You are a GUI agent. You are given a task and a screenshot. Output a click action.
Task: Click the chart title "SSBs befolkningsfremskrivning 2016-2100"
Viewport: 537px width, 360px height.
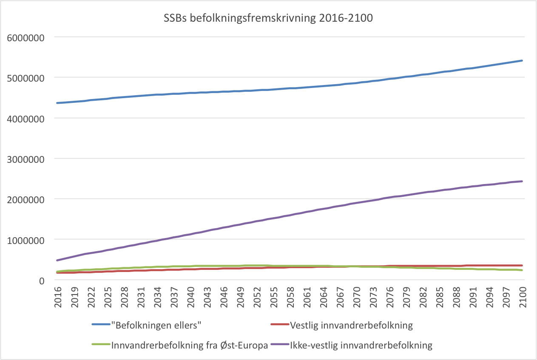269,19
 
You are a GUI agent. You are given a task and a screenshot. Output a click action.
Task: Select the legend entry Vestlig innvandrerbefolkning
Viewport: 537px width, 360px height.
351,326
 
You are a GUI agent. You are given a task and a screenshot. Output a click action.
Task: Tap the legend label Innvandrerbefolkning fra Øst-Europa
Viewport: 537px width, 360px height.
190,345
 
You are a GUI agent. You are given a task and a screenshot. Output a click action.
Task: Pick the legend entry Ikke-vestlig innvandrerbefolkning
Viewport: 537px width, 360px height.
361,345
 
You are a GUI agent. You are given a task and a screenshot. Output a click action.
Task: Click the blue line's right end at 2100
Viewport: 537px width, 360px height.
522,61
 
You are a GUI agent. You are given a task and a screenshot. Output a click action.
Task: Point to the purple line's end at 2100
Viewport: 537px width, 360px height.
522,181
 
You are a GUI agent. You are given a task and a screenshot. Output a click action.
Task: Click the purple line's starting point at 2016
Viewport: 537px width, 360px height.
57,260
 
